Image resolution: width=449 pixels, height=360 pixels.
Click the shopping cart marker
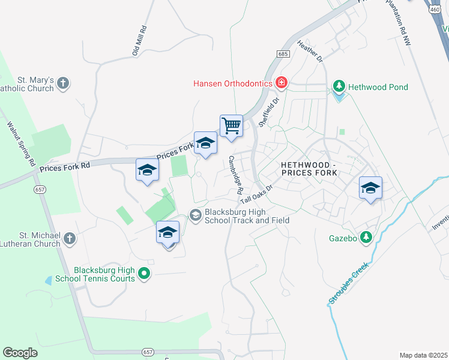tap(231, 127)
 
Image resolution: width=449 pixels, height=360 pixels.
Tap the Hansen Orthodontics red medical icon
tap(281, 83)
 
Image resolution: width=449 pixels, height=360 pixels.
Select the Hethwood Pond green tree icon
tap(339, 87)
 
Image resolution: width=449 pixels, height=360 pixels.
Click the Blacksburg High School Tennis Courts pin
tap(144, 274)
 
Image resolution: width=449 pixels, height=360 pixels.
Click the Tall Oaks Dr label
tap(257, 193)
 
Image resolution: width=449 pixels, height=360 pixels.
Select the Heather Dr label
tap(310, 51)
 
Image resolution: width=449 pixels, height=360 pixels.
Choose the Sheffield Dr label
tap(269, 112)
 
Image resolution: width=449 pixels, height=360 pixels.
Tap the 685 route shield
tap(283, 54)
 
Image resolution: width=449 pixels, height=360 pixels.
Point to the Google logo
tap(20, 352)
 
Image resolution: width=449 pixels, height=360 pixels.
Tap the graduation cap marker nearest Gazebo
tap(370, 188)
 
